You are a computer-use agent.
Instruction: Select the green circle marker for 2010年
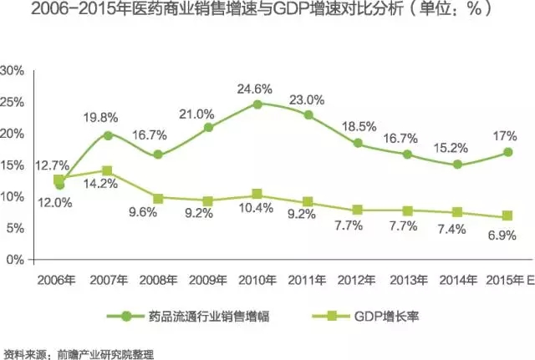click(257, 104)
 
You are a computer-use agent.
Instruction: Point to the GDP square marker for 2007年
click(108, 170)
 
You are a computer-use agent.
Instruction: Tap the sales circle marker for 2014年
click(456, 165)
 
